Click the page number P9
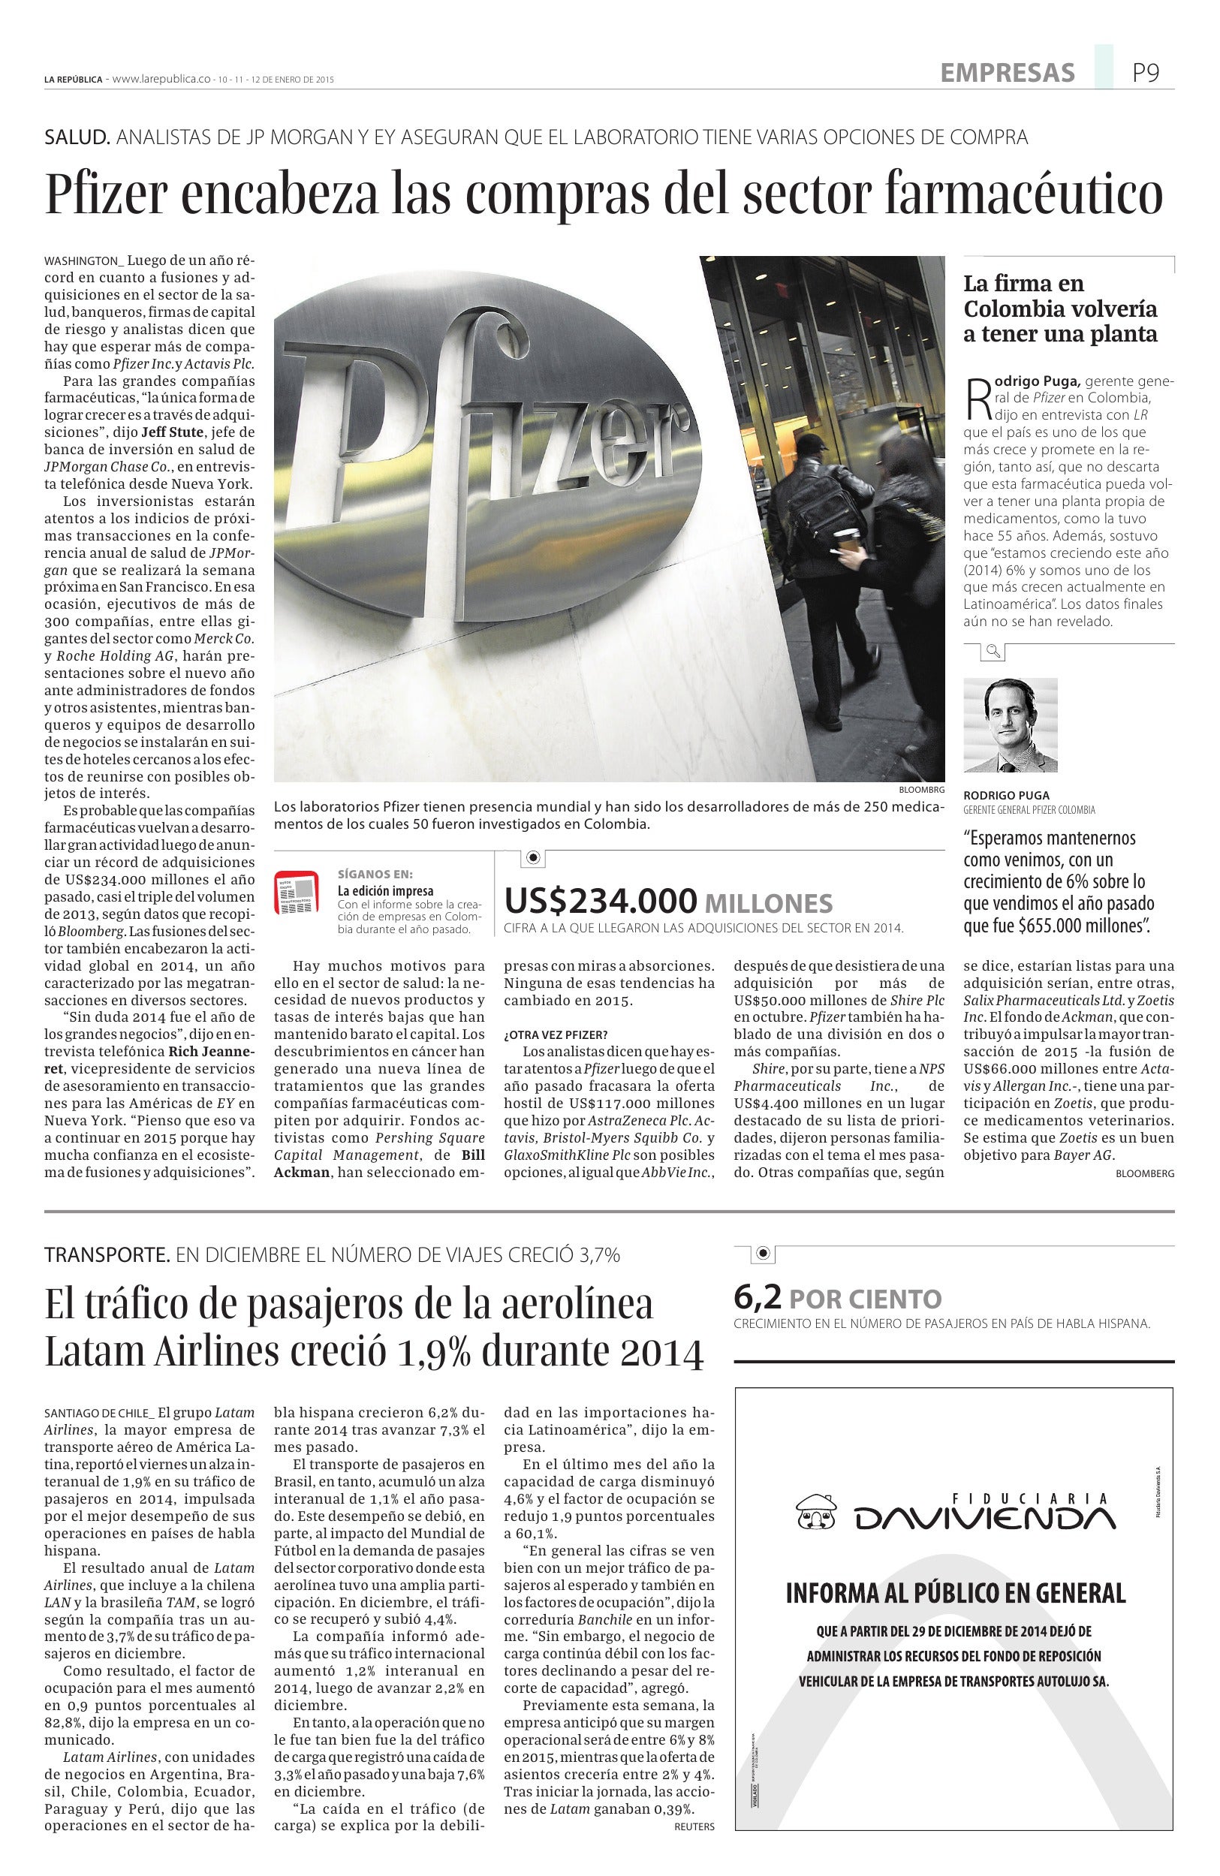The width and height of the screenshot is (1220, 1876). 1146,74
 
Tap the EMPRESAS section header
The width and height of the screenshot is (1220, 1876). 1008,74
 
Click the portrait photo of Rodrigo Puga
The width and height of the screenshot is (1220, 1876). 1010,724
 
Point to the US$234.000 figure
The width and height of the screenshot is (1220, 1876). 601,900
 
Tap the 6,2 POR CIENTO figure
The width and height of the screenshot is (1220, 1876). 837,1297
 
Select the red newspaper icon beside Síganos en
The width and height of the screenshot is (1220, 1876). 296,893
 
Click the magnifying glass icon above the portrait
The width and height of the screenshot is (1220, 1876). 993,650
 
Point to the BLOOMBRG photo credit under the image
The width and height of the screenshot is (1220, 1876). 920,790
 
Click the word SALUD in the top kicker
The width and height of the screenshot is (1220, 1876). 77,137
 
